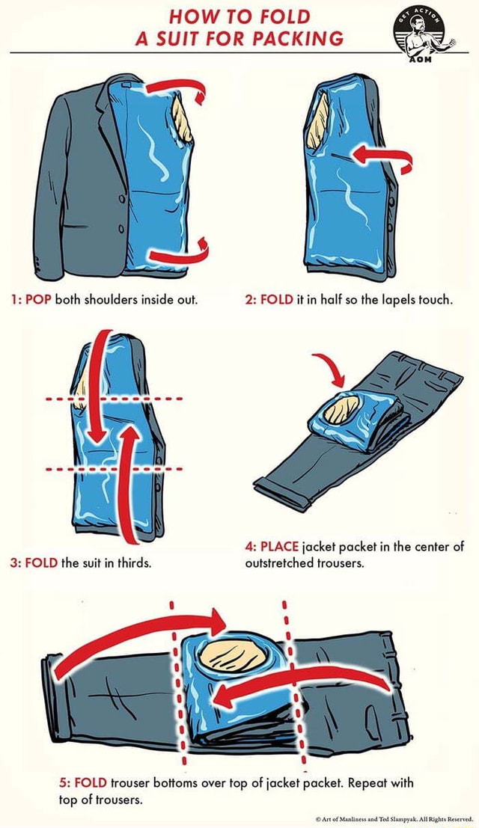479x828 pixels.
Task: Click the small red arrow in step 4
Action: pyautogui.click(x=326, y=369)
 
